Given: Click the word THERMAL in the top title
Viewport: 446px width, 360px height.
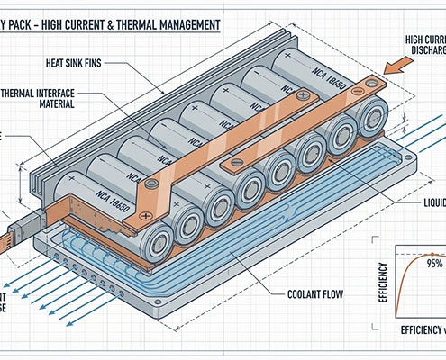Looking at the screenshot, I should (x=159, y=13).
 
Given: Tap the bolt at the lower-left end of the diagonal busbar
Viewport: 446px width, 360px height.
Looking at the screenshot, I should (x=150, y=184).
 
